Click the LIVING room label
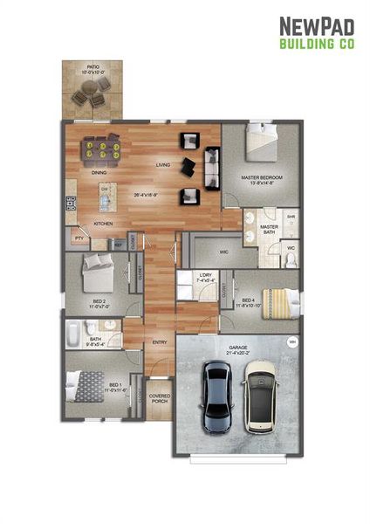[x=163, y=164]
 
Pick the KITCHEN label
[x=103, y=223]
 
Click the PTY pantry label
[x=79, y=237]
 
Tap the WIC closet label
[x=224, y=252]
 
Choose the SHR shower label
[x=291, y=217]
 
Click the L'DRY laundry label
[x=206, y=278]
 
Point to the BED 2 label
[x=99, y=302]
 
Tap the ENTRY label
[x=160, y=341]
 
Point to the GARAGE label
[x=238, y=348]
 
